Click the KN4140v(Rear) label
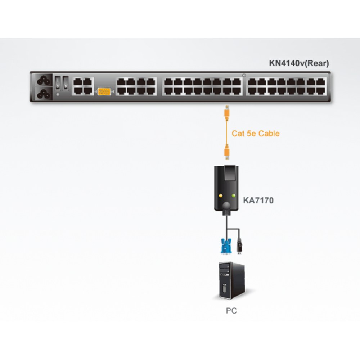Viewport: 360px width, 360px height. tap(299, 63)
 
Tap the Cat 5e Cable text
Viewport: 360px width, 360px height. tap(256, 134)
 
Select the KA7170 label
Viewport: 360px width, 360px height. tap(258, 201)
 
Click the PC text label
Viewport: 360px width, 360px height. tap(231, 311)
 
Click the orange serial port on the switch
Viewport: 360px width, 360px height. tap(104, 91)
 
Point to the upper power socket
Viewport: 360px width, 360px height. tap(44, 80)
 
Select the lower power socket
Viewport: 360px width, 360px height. tap(44, 94)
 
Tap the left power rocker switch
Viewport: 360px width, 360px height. tap(58, 83)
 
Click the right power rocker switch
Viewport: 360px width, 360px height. tap(66, 83)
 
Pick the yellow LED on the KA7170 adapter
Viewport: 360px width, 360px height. tap(221, 196)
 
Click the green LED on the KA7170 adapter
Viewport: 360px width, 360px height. tap(234, 196)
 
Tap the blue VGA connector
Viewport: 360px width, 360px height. tap(226, 246)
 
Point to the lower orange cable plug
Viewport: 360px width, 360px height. tap(226, 152)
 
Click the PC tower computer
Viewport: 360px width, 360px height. tap(231, 281)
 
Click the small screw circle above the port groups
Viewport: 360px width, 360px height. tap(244, 75)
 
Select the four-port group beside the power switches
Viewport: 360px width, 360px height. tap(83, 86)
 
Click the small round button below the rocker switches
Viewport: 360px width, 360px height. tap(58, 94)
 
